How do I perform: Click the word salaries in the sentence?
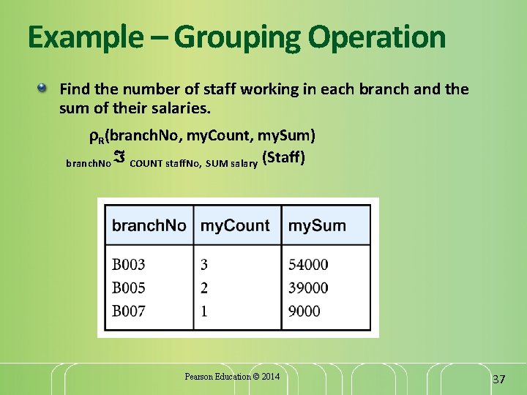[180, 109]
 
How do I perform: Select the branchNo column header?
[149, 225]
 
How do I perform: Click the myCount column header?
[235, 225]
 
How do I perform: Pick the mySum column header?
[317, 225]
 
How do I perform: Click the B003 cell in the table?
[128, 264]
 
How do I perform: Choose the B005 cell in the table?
[128, 287]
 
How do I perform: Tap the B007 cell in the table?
[128, 311]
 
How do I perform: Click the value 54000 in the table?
[308, 264]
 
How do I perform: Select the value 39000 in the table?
[308, 287]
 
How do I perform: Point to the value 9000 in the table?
[304, 311]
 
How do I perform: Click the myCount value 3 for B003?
[204, 264]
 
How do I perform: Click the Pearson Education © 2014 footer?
[232, 377]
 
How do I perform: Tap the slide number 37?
[499, 379]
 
